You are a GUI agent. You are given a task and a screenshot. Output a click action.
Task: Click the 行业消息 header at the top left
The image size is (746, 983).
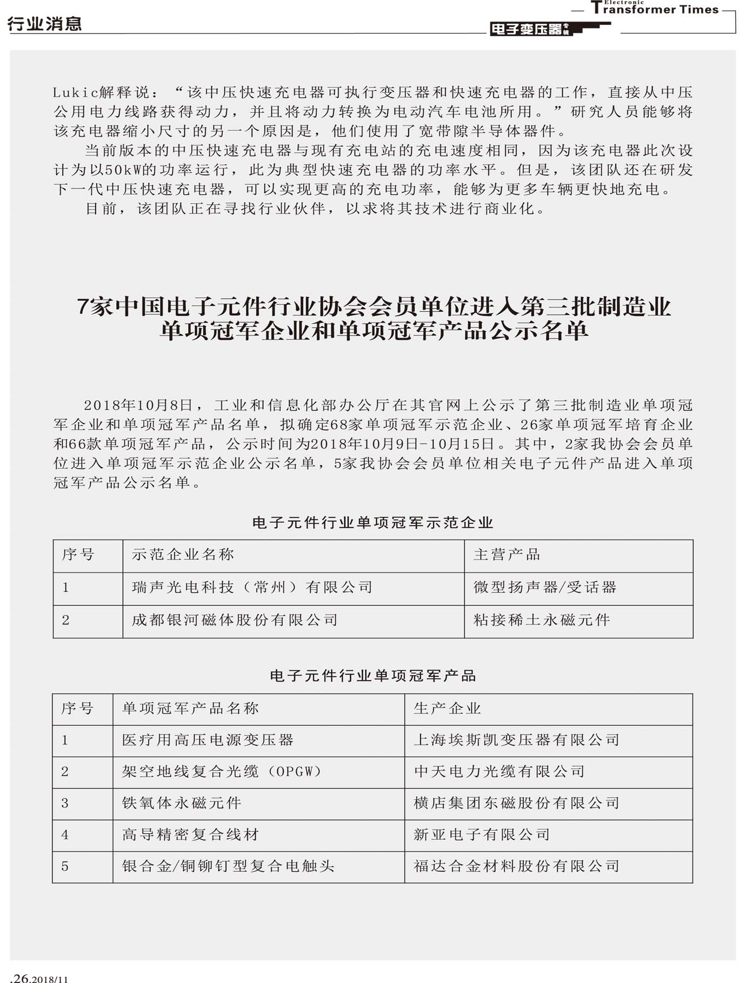click(x=45, y=24)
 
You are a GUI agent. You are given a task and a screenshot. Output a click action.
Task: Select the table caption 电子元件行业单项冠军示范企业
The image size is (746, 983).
click(x=372, y=522)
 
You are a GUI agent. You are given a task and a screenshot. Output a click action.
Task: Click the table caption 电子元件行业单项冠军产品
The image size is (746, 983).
click(x=372, y=676)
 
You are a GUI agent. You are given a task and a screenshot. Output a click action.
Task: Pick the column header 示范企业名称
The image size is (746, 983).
click(x=183, y=555)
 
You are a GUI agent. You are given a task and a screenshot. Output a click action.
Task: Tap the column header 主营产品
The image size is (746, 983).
click(x=507, y=555)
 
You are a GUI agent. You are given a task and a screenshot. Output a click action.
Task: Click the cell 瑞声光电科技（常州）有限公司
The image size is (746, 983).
click(x=252, y=587)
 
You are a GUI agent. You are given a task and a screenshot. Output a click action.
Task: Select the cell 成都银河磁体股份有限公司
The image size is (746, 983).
click(x=235, y=620)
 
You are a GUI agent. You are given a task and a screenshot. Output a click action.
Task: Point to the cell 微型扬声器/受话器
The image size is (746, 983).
click(x=545, y=587)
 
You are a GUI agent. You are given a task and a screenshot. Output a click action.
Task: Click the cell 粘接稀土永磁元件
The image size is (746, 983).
click(x=542, y=620)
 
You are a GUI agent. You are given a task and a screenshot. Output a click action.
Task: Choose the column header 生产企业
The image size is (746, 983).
click(x=447, y=709)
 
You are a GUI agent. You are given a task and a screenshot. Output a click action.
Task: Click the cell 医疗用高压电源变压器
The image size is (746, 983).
click(x=208, y=740)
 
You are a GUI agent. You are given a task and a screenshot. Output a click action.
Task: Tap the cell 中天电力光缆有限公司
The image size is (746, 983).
click(x=499, y=771)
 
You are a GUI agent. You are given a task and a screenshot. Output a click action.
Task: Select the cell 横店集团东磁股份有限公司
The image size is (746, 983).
click(x=516, y=803)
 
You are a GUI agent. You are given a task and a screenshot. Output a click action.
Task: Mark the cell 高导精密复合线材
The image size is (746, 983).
click(x=190, y=834)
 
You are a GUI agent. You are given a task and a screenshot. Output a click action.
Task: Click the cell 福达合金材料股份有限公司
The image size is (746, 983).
click(x=516, y=866)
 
